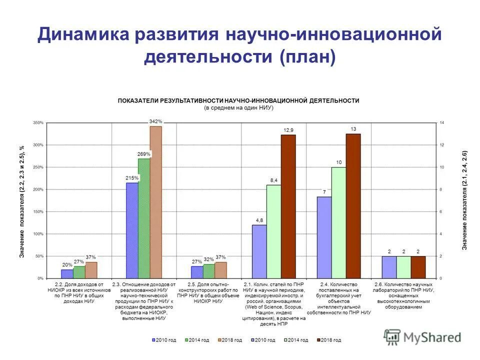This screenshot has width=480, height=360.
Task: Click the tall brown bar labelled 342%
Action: tap(156, 202)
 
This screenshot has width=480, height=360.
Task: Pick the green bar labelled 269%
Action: tap(144, 218)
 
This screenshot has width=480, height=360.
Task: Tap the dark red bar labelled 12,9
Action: tap(288, 206)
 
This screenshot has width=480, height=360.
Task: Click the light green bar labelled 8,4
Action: tap(273, 231)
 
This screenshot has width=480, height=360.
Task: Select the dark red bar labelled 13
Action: tap(353, 205)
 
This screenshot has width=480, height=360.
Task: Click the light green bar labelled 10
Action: tap(338, 222)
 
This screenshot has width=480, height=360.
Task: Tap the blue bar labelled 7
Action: tap(324, 237)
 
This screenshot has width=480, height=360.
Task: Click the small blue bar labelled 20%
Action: tap(67, 273)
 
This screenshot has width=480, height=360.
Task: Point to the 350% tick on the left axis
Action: tap(38, 122)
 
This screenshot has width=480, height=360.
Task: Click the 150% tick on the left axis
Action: tap(38, 211)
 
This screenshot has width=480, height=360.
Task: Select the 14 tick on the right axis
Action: tap(441, 122)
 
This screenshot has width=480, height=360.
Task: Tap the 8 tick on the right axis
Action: tap(441, 189)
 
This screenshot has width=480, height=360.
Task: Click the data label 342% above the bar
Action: tap(156, 121)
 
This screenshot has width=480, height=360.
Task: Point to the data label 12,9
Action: tap(288, 130)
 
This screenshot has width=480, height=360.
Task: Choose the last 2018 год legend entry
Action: tap(329, 340)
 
